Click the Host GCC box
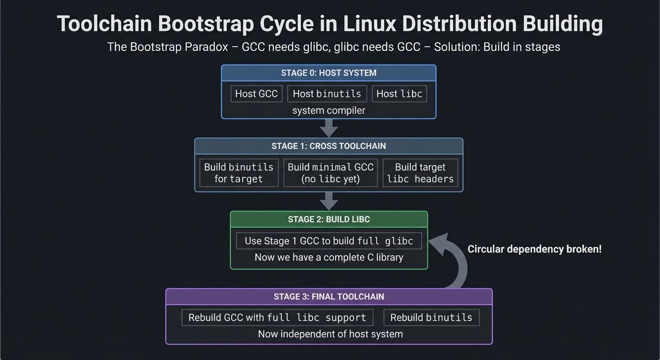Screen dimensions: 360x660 (x=256, y=94)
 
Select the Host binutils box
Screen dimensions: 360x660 (x=327, y=94)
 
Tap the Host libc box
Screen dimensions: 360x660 (x=399, y=94)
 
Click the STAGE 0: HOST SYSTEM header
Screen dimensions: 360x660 (x=329, y=73)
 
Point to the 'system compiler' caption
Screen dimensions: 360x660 (x=329, y=111)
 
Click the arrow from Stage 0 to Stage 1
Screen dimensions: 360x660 (x=329, y=127)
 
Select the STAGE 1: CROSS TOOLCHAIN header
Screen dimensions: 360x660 (x=329, y=146)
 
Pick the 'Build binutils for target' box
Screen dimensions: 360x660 (x=239, y=173)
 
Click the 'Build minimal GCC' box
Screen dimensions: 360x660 (x=330, y=173)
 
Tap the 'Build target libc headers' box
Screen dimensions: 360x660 (x=420, y=173)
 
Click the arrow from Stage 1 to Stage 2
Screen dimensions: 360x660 (x=329, y=201)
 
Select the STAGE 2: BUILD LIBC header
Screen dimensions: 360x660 (x=329, y=219)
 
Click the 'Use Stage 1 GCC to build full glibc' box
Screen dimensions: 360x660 (x=329, y=241)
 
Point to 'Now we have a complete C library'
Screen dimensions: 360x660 (x=329, y=257)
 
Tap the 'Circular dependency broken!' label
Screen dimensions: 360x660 (x=534, y=249)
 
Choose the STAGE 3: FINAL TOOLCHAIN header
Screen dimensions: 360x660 (x=329, y=297)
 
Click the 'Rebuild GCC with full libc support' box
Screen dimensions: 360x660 (x=277, y=317)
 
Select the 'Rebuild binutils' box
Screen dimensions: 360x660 (x=431, y=317)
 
